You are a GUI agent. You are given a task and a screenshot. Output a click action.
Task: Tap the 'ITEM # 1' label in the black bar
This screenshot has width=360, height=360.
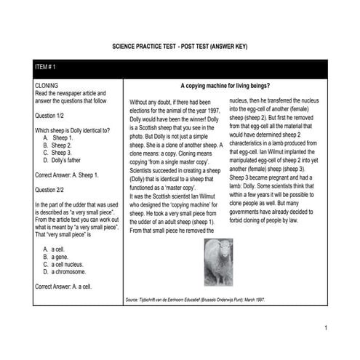coord(46,67)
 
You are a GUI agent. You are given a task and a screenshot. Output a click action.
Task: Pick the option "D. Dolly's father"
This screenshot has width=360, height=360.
coord(70,161)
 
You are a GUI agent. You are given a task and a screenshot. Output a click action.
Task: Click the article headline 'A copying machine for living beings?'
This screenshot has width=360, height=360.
coord(232,85)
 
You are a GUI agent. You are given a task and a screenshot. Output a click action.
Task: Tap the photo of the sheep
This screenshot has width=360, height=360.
coord(218,262)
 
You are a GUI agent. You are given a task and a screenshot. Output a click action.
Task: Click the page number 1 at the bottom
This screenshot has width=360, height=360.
coord(327,329)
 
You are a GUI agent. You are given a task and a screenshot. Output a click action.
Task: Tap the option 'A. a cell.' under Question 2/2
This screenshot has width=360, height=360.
coord(60,249)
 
